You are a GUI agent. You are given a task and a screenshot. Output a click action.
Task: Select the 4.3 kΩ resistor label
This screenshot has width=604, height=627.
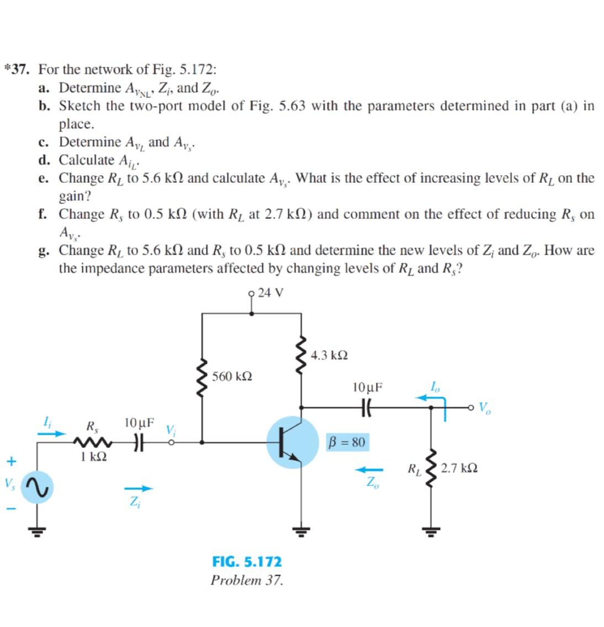(329, 355)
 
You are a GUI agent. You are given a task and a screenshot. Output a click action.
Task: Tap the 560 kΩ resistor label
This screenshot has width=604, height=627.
(232, 377)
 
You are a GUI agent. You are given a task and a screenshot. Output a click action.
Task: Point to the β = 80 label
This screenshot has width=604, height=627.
(346, 442)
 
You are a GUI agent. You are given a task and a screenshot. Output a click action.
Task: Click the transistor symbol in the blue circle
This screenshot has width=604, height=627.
(292, 443)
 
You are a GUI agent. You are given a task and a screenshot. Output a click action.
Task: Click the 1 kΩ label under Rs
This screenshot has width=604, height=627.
(93, 457)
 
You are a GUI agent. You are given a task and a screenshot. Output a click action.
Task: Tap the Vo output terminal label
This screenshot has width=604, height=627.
(484, 409)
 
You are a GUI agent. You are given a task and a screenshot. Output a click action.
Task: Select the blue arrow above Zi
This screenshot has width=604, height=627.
(137, 488)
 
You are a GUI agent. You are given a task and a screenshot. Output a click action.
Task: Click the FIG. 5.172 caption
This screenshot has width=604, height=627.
(246, 562)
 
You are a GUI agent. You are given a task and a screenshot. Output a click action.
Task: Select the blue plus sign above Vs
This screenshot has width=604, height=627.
(9, 460)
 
